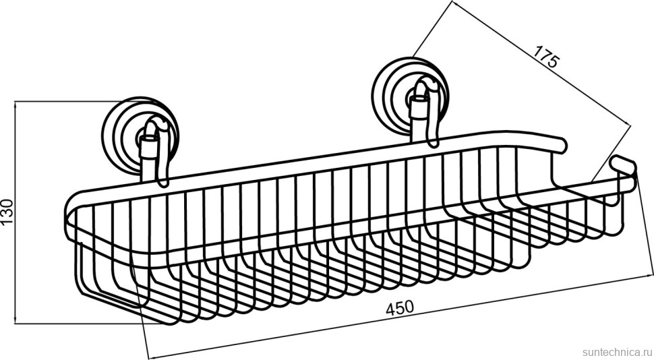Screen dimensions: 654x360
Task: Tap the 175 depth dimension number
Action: pyautogui.click(x=545, y=57)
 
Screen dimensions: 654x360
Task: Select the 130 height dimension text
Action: pyautogui.click(x=7, y=212)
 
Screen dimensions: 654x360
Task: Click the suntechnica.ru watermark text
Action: pyautogui.click(x=618, y=351)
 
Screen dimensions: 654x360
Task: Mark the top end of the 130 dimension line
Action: pyautogui.click(x=16, y=101)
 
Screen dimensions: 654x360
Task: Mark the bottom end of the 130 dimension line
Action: pyautogui.click(x=16, y=324)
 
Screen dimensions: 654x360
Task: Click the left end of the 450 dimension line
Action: pyautogui.click(x=148, y=357)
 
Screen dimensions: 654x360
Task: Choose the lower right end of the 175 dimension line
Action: pyautogui.click(x=630, y=122)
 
